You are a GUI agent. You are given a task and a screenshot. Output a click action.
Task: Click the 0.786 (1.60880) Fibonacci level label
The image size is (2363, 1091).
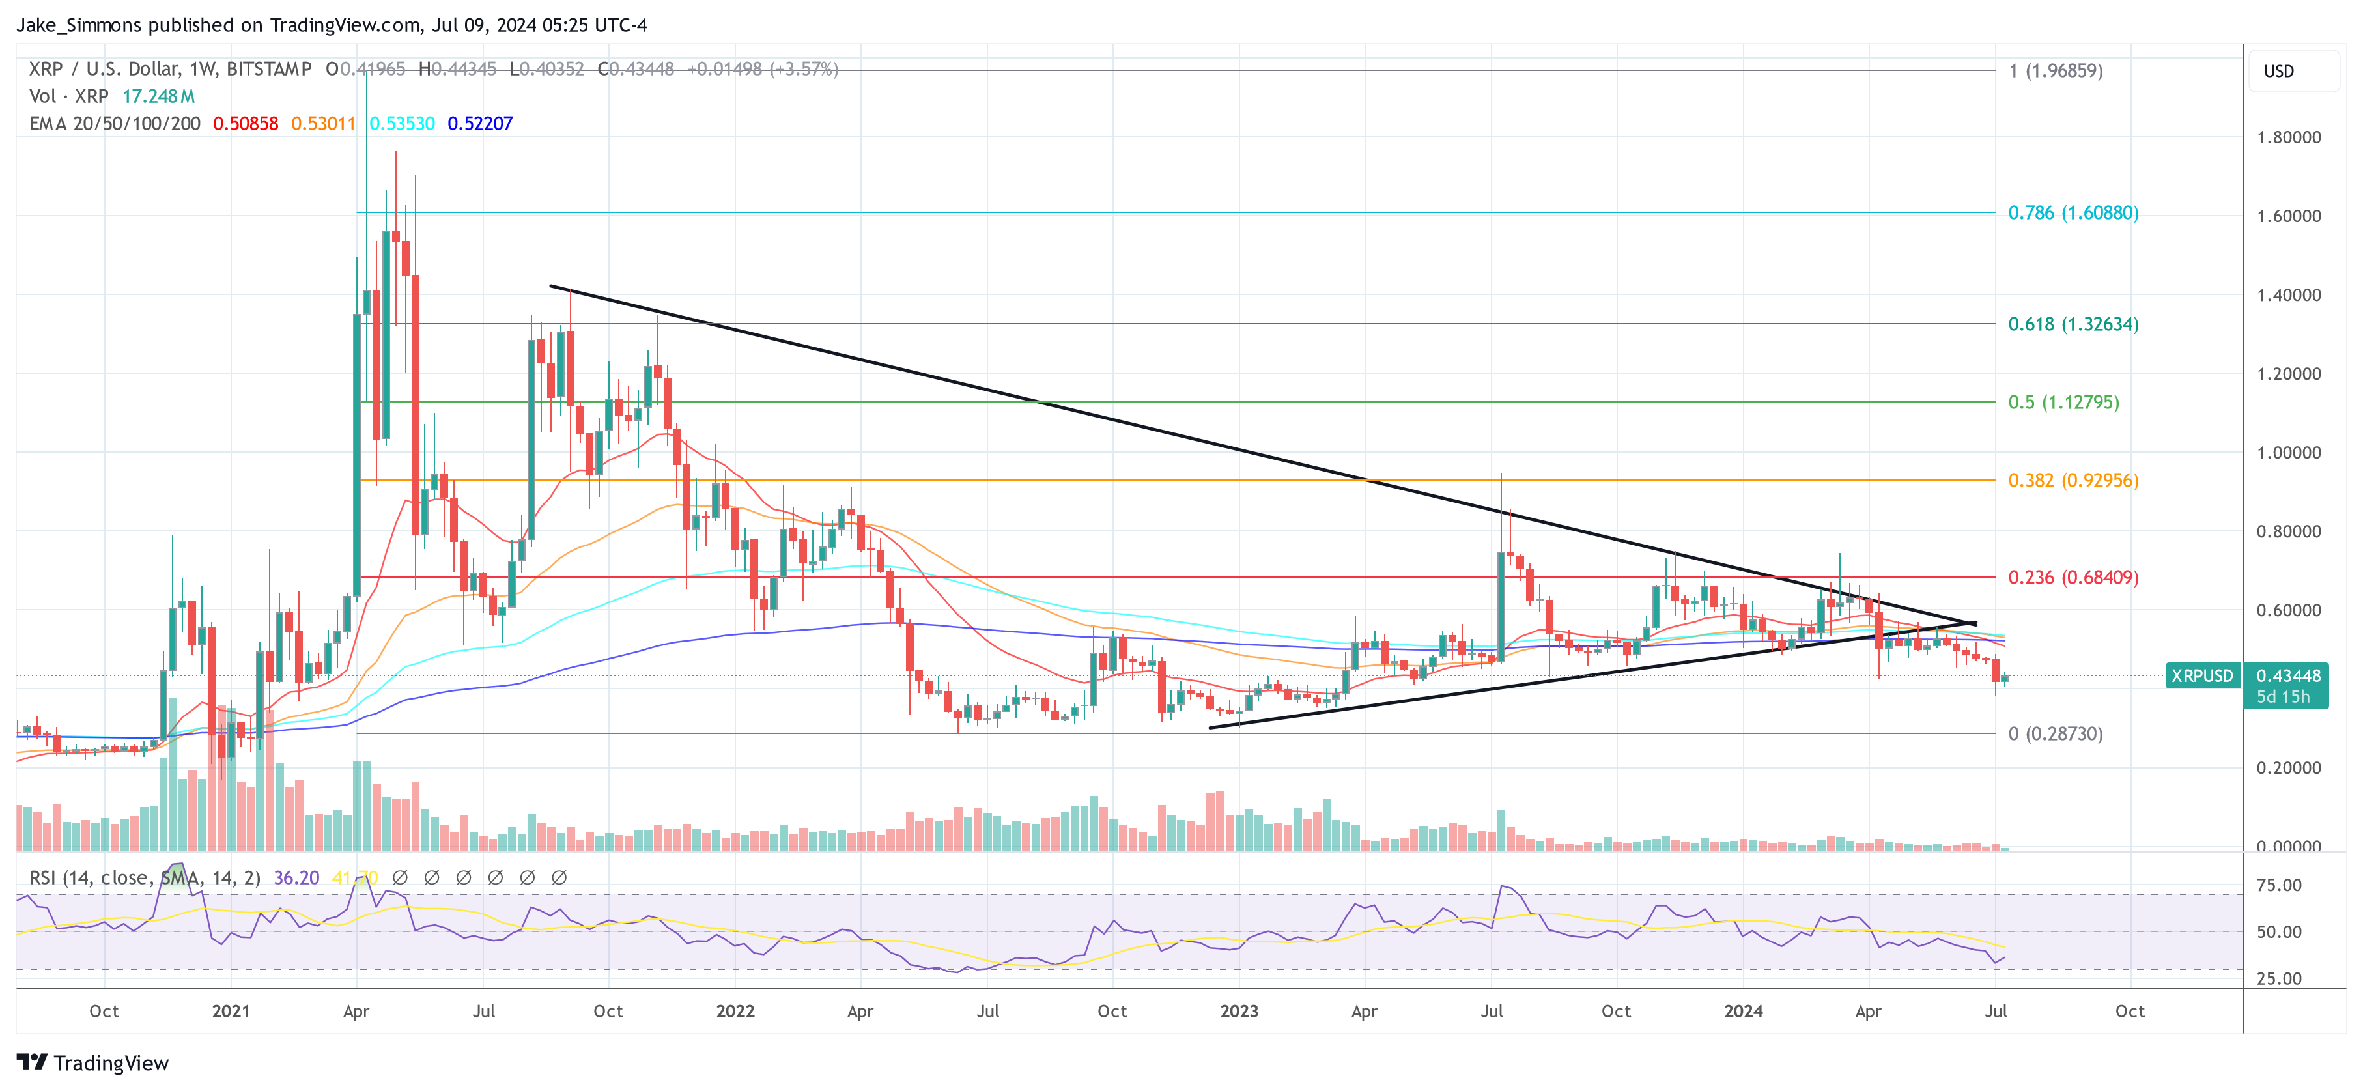point(2073,213)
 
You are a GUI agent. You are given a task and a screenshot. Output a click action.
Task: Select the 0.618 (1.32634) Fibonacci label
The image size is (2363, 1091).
point(2073,324)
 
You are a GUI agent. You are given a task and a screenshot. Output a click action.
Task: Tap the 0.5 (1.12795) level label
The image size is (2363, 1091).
point(2063,402)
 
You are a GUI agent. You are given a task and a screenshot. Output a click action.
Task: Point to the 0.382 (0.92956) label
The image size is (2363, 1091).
point(2073,480)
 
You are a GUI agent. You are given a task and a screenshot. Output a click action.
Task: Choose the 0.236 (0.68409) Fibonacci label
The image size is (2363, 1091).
point(2073,577)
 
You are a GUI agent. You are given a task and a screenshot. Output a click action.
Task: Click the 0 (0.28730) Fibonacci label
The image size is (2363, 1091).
point(2055,733)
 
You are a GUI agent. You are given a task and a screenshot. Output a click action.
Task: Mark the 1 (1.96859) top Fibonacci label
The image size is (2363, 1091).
point(2055,70)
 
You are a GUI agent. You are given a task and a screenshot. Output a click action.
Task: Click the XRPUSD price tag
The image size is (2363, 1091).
point(2201,676)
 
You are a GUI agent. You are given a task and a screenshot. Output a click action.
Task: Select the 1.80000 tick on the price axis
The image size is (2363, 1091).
point(2288,137)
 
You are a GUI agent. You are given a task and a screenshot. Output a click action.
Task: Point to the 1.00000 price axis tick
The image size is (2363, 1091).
point(2288,453)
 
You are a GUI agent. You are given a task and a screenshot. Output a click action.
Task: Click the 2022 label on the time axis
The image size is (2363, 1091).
point(735,1011)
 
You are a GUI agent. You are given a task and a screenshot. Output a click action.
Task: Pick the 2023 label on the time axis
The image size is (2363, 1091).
point(1238,1011)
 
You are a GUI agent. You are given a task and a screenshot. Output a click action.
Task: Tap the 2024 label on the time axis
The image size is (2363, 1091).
point(1742,1011)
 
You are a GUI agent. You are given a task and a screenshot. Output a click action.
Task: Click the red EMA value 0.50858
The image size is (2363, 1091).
point(245,124)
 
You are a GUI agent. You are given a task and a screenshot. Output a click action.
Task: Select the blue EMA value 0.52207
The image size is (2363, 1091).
point(480,124)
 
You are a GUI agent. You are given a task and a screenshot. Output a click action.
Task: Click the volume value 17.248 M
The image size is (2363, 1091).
point(159,96)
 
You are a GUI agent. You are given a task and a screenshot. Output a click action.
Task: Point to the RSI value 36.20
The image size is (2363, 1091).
point(296,878)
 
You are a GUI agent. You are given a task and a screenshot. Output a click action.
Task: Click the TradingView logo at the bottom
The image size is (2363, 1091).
point(92,1062)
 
